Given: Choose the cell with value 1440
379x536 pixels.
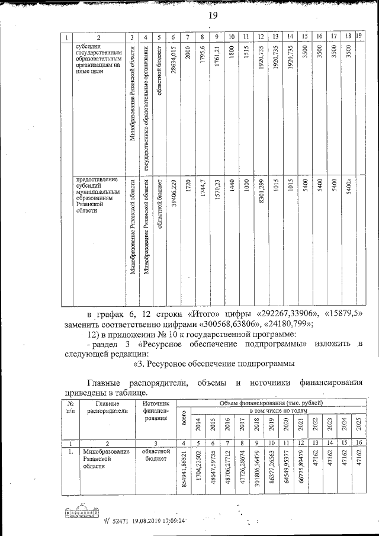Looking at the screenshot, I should coord(232,186).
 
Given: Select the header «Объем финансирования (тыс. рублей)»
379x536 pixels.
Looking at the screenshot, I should coord(271,403).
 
